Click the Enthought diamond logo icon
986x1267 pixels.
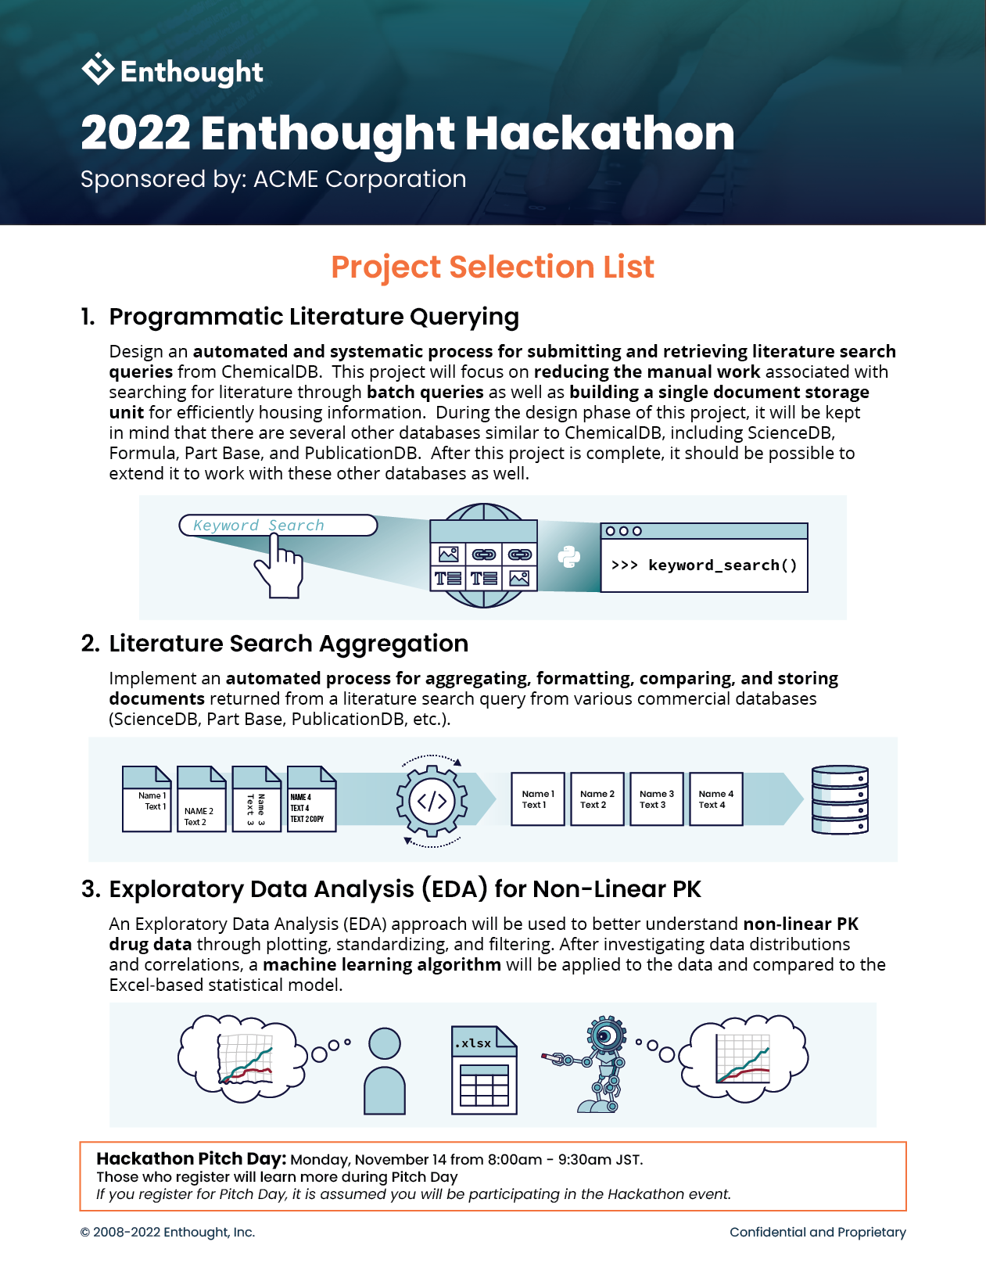[98, 69]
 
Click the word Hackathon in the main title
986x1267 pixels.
[600, 133]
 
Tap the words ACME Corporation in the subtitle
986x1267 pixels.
[360, 179]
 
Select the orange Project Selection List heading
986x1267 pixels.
[492, 267]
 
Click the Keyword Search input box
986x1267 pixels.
[278, 526]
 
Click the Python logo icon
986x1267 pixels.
[569, 557]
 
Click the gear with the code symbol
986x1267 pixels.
[432, 801]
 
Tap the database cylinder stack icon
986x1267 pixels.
[840, 799]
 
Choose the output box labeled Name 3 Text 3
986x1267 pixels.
[656, 799]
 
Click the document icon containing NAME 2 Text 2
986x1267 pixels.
[201, 799]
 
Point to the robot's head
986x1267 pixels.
[606, 1036]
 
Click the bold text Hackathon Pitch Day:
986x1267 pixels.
[192, 1158]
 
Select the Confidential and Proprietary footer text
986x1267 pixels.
[817, 1232]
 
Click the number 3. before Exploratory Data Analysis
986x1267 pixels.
[91, 889]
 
